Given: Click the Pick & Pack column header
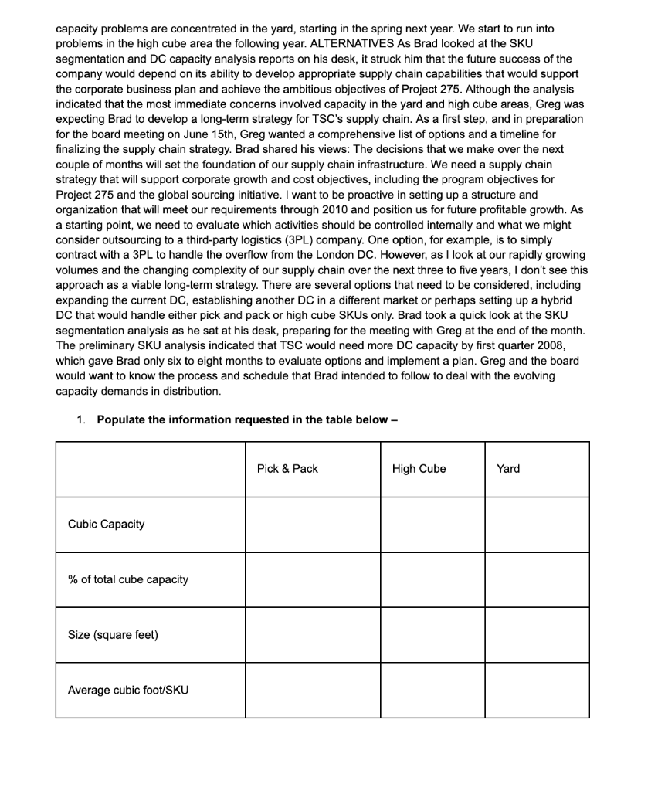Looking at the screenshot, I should click(287, 469).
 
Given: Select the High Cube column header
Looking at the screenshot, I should click(419, 469).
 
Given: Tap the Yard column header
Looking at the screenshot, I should click(508, 469).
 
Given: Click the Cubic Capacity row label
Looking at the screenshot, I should click(106, 525).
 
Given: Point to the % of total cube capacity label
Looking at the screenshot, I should click(128, 579).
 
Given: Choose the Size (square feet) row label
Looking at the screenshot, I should click(113, 635).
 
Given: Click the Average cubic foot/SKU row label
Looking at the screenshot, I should click(128, 690).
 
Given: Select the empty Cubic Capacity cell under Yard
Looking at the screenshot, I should click(537, 525).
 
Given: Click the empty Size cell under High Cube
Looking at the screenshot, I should click(432, 635).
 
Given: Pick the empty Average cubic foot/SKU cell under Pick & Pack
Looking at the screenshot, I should click(313, 690).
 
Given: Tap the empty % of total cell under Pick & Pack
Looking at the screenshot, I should click(313, 579).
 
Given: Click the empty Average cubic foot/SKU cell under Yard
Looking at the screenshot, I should click(537, 690).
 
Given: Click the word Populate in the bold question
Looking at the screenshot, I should click(122, 419).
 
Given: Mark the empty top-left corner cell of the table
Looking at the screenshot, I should click(150, 469).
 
